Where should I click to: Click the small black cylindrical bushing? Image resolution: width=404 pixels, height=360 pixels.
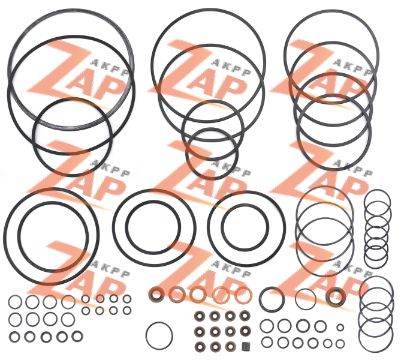(245, 347)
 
